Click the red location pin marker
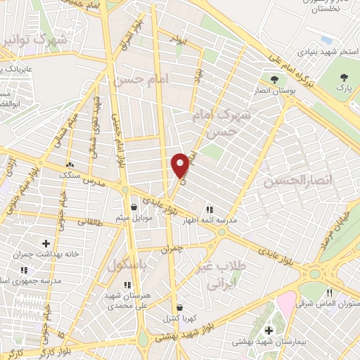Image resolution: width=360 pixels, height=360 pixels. [181, 165]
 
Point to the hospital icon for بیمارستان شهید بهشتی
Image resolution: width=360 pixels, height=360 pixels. [268, 330]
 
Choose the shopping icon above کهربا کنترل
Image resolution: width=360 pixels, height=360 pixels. [179, 307]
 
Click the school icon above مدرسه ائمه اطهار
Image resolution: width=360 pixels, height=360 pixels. [209, 209]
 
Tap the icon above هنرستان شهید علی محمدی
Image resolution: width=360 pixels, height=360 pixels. [127, 285]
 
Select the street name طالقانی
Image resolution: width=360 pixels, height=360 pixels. [89, 222]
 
